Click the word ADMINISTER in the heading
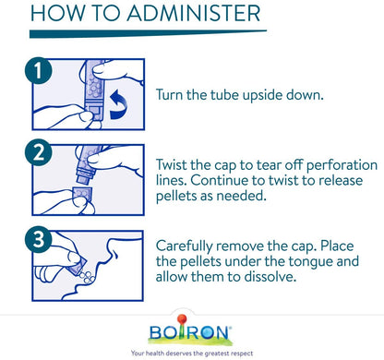[194, 13]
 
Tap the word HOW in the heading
[57, 13]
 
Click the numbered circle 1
[38, 70]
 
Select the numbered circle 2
[38, 152]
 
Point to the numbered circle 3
[38, 239]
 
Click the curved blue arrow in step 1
[119, 104]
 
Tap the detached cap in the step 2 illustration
[82, 195]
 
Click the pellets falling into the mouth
[87, 277]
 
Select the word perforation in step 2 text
[342, 165]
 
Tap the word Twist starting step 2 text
[171, 165]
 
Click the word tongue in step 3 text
[310, 262]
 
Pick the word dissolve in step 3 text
[270, 276]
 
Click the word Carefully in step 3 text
[184, 246]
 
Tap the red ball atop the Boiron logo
[182, 318]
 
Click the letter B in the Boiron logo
[156, 332]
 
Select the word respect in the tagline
[242, 354]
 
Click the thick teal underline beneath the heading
[148, 33]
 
